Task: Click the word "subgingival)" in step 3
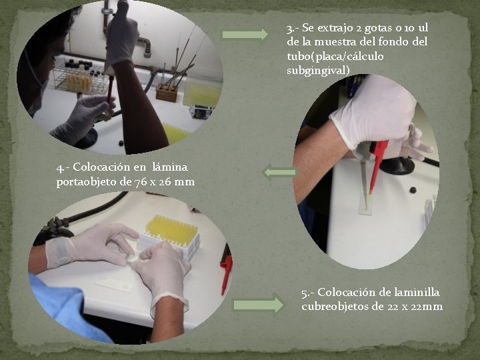coord(318,71)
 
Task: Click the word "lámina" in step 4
coord(170,167)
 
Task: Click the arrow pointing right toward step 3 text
coord(245,34)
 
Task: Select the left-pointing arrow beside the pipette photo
coord(279,172)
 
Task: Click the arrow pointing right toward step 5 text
coord(259,305)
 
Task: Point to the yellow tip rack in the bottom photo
coord(171,236)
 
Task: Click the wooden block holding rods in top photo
coord(167,93)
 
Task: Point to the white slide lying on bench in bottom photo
coord(114,285)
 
